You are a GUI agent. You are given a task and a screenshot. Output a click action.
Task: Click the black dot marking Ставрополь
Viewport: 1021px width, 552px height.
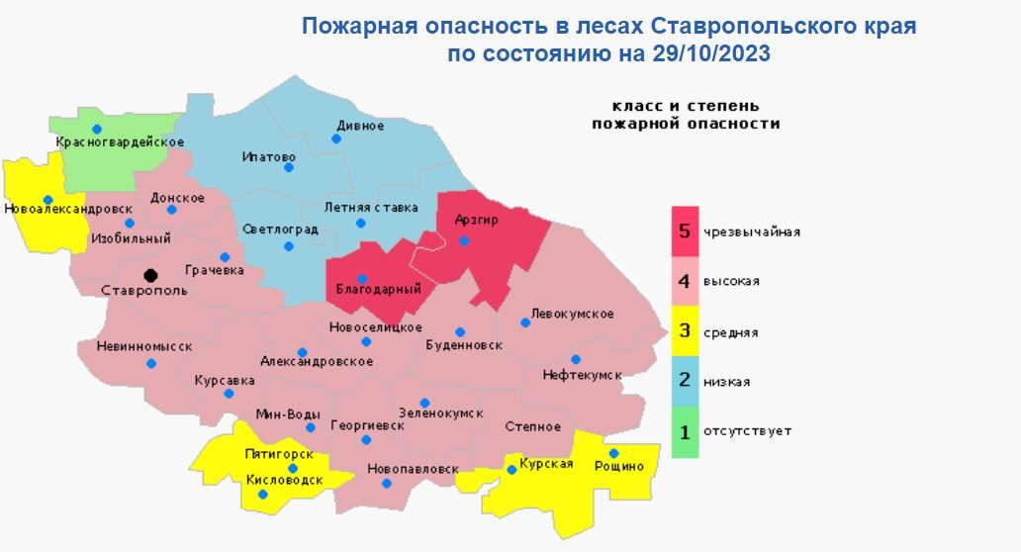coord(150,275)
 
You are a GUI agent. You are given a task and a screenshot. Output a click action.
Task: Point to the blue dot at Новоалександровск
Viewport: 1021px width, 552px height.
coord(47,199)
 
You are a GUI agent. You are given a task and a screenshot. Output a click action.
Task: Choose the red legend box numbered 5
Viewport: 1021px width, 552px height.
coord(685,231)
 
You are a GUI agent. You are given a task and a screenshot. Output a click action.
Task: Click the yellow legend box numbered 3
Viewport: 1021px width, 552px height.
coord(685,331)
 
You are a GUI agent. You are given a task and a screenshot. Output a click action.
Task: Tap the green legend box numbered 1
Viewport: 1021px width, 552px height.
coord(685,431)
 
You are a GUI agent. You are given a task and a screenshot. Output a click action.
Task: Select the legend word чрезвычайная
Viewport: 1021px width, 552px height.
coord(751,232)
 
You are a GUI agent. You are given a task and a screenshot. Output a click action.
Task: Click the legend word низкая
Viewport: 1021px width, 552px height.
coord(726,382)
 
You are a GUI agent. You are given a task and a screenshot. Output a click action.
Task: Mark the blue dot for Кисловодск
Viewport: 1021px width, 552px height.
coord(262,494)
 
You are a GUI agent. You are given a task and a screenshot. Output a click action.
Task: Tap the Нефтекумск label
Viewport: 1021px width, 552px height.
coord(582,375)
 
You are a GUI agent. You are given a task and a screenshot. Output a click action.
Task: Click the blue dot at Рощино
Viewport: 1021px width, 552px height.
coord(613,453)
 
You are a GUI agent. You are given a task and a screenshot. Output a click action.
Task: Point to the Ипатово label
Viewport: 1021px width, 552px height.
coord(269,156)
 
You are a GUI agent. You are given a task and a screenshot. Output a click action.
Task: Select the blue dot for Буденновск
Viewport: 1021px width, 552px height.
coord(460,331)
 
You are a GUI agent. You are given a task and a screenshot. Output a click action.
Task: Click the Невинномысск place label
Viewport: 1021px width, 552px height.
coord(144,346)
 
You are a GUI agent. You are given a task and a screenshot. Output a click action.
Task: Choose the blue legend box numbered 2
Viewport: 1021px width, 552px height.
coord(685,382)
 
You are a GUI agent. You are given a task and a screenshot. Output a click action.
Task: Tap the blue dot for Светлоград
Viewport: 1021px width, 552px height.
coord(289,246)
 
